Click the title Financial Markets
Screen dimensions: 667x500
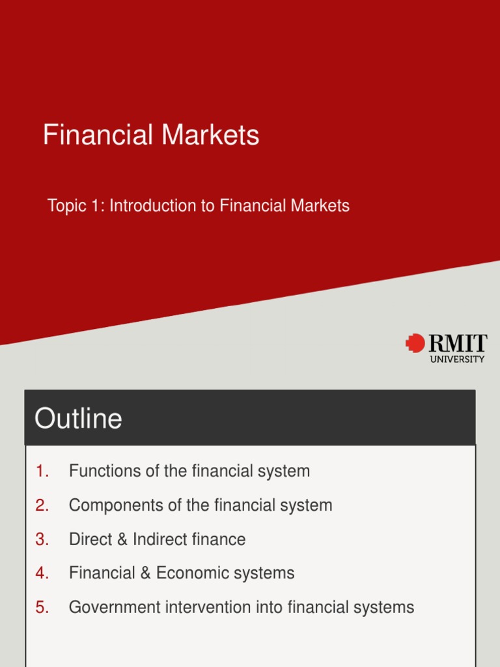pyautogui.click(x=151, y=135)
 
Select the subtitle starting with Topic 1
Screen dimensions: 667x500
pyautogui.click(x=199, y=206)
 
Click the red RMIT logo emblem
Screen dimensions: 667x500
pyautogui.click(x=415, y=343)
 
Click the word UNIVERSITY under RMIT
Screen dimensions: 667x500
pyautogui.click(x=458, y=359)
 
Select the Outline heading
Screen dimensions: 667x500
pyautogui.click(x=78, y=418)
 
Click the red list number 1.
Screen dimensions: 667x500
pyautogui.click(x=43, y=471)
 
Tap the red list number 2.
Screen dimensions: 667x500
pyautogui.click(x=43, y=505)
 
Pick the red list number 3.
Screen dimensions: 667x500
pyautogui.click(x=43, y=539)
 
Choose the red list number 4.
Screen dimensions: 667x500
pyautogui.click(x=43, y=573)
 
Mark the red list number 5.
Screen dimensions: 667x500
pyautogui.click(x=43, y=608)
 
